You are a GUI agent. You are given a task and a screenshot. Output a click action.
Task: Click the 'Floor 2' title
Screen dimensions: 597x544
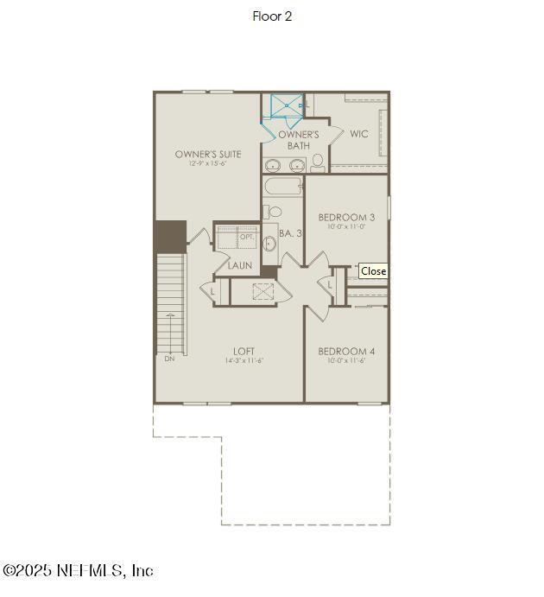(x=272, y=16)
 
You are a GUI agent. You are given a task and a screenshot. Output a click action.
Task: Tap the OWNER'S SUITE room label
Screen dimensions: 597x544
(x=208, y=154)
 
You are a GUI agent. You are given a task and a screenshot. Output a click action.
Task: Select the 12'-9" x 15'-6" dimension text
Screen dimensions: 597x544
(x=208, y=164)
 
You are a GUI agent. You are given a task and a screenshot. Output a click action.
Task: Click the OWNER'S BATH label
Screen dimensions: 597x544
(x=299, y=140)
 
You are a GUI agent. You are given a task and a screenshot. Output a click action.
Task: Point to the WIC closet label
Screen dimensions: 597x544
(x=359, y=134)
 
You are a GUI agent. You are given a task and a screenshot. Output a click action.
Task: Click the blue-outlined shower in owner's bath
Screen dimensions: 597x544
(x=287, y=106)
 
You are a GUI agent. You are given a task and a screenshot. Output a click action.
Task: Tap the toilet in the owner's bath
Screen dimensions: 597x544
(x=318, y=162)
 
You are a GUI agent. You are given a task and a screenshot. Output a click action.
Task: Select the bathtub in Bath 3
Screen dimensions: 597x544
(x=283, y=187)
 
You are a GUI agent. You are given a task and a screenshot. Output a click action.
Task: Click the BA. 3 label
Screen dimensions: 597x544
(x=290, y=233)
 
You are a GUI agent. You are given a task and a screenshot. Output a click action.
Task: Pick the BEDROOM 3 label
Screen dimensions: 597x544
(x=346, y=217)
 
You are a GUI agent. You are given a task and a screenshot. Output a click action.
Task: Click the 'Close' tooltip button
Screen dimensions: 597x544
(x=373, y=271)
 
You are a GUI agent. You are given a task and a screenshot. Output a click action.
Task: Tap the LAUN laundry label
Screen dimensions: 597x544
(x=240, y=265)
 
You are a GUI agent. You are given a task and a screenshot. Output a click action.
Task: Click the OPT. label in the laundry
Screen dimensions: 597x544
(x=247, y=236)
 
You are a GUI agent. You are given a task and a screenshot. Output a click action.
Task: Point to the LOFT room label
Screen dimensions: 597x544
(x=244, y=351)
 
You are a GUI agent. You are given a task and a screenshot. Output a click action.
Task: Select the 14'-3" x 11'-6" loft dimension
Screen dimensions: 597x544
(x=244, y=360)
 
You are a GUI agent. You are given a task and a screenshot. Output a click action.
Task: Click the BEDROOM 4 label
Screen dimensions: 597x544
(x=346, y=351)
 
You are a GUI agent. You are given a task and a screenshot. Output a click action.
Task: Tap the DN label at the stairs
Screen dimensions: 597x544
(x=169, y=358)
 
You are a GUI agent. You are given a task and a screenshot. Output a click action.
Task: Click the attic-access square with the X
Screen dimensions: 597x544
(x=263, y=291)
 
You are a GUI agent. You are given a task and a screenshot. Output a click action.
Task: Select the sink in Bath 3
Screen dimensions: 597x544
(x=269, y=243)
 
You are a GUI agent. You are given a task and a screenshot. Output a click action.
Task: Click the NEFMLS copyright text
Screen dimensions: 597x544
(x=78, y=571)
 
